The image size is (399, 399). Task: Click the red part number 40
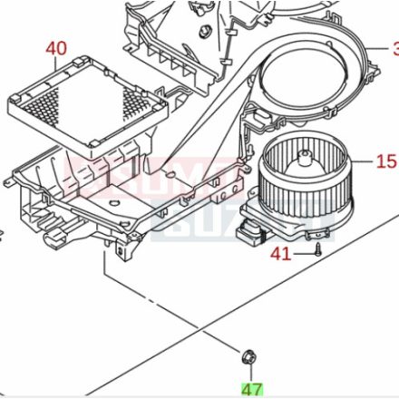click(55, 47)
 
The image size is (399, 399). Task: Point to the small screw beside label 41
click(318, 250)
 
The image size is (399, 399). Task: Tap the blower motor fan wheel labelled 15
click(305, 177)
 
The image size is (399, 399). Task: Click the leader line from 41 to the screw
click(302, 254)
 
